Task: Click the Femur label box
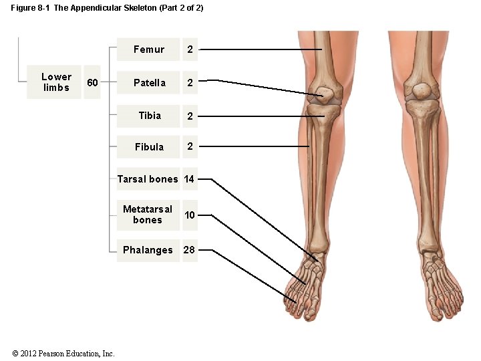[148, 49]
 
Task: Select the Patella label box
[149, 83]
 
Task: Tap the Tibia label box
[149, 116]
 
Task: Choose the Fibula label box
[149, 146]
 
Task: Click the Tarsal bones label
[148, 179]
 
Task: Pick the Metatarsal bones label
[148, 215]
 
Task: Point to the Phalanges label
[148, 250]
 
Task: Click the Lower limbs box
[56, 82]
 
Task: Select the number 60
[93, 82]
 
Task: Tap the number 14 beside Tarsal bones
[189, 179]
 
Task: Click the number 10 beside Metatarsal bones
[190, 215]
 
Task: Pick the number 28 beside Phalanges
[189, 250]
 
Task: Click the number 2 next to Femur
[190, 49]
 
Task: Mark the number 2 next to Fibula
[190, 146]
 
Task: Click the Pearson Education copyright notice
[63, 353]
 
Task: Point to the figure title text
[107, 7]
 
